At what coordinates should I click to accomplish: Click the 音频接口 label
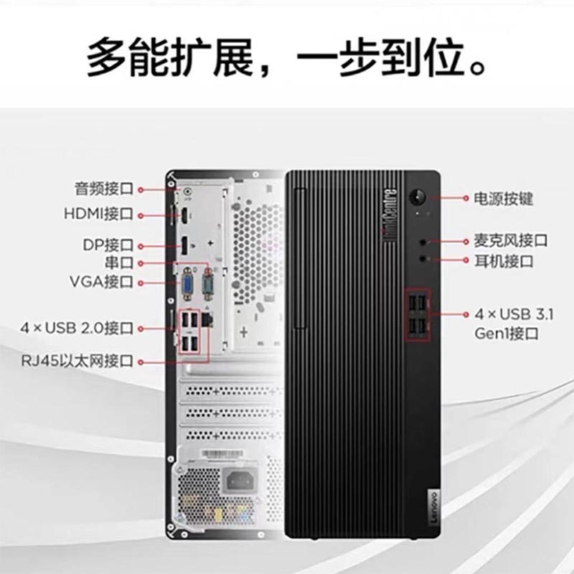click(x=104, y=189)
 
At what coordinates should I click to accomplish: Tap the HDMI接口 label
click(x=98, y=214)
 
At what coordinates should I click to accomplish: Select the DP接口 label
click(x=108, y=245)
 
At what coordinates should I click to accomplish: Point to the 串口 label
click(x=119, y=263)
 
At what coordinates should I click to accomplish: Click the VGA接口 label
click(x=101, y=282)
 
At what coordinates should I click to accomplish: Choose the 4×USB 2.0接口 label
click(x=77, y=328)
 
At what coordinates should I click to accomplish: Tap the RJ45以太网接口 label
click(x=77, y=362)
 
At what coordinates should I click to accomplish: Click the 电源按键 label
click(x=504, y=199)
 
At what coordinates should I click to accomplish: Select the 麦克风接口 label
click(x=511, y=241)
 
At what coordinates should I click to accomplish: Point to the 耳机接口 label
click(x=504, y=261)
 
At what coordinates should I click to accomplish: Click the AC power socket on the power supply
click(x=240, y=479)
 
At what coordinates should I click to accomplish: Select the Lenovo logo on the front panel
click(x=433, y=507)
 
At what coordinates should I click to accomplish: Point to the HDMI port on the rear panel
click(x=184, y=215)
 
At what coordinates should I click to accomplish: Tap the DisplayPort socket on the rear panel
click(x=184, y=245)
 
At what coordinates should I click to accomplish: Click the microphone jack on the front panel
click(x=423, y=242)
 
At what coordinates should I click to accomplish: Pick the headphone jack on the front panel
click(x=423, y=259)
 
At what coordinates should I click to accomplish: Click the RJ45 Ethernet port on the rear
click(x=207, y=319)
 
